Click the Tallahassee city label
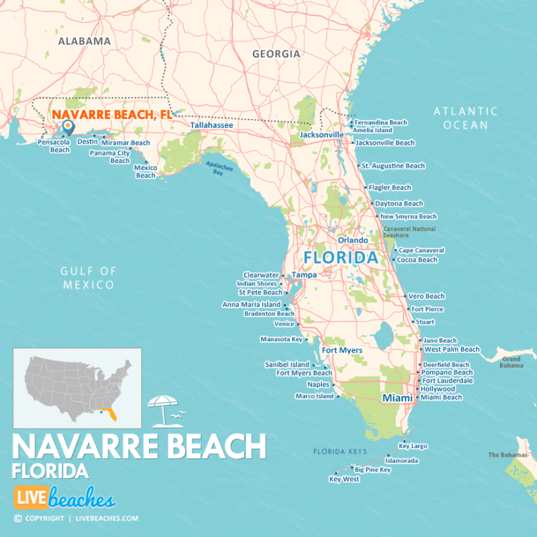point(212,125)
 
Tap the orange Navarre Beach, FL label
point(113,114)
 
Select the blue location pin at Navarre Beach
point(68,127)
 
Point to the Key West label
point(344,480)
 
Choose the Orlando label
point(353,240)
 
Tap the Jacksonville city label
point(322,134)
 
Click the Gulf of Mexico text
point(87,278)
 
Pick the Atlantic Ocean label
point(466,117)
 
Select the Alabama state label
point(84,41)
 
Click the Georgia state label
point(276,54)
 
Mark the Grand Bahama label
point(511,362)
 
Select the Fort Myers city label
point(342,350)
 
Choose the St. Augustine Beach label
point(393,166)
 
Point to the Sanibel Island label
point(287,365)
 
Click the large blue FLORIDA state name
point(340,258)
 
